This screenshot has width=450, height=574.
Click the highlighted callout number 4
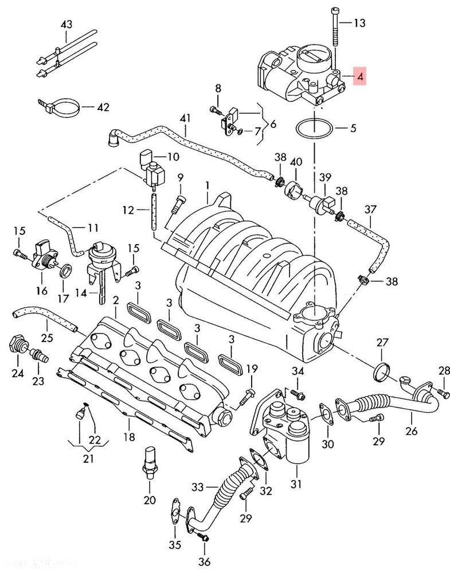(359, 75)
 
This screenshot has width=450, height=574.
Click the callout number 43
(66, 24)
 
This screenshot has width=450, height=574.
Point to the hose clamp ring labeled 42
(60, 107)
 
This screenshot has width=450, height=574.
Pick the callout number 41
(184, 119)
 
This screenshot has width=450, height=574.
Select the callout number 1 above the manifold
(208, 187)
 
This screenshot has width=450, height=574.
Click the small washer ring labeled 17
(66, 270)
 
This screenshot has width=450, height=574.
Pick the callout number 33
(198, 487)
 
